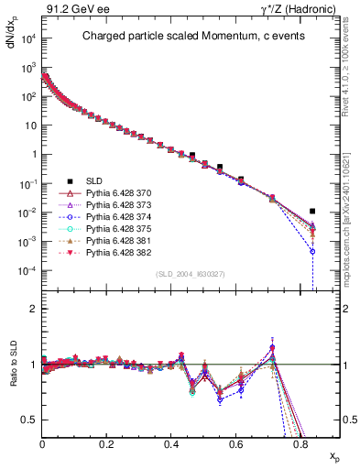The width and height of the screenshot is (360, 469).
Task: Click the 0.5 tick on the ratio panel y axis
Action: pyautogui.click(x=32, y=420)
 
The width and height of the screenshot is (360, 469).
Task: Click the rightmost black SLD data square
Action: pyautogui.click(x=312, y=211)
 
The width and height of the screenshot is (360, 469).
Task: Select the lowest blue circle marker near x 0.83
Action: pyautogui.click(x=312, y=251)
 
